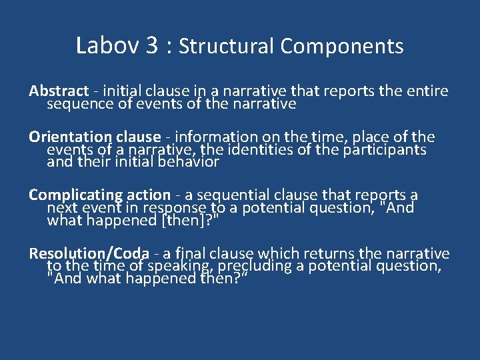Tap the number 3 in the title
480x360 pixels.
(151, 45)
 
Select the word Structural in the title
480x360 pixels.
(227, 46)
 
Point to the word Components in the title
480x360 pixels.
(342, 46)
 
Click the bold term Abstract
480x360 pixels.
(59, 91)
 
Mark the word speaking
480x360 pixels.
(182, 266)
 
